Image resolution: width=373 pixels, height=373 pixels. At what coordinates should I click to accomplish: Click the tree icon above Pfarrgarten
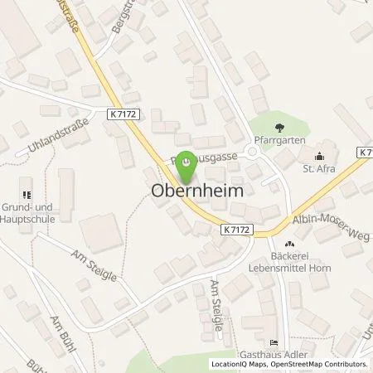pos(279,127)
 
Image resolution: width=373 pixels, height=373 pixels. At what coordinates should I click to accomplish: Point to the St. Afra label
pos(319,165)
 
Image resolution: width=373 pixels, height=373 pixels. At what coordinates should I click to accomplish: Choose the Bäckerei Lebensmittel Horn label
pos(291,262)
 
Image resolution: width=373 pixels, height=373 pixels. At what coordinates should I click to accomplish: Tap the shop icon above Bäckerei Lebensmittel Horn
pos(290,244)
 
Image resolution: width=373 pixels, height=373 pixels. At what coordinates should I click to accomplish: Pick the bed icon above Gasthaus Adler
pos(274,343)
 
